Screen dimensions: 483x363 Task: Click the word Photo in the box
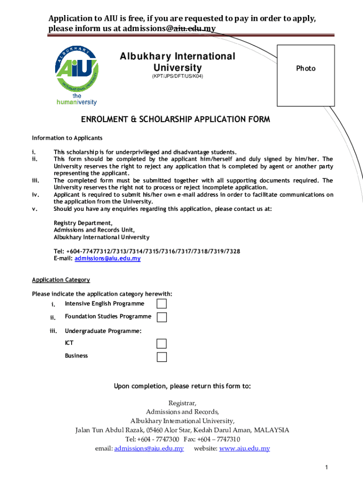pos(305,68)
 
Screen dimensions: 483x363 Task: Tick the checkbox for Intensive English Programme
pos(162,304)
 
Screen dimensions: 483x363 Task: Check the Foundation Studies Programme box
pos(162,317)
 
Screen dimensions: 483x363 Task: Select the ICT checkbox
pos(162,343)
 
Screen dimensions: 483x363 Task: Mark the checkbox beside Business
pos(162,357)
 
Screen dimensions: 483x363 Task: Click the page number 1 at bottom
pos(326,467)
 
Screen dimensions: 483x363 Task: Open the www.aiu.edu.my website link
pos(244,449)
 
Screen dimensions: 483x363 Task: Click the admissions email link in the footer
pos(148,449)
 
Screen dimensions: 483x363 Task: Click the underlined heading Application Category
pos(61,280)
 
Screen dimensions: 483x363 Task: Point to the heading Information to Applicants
pos(67,138)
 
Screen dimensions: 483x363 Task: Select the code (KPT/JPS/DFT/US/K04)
pos(177,76)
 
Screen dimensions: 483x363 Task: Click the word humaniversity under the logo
pos(76,102)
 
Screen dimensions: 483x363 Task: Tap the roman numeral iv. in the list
pos(35,195)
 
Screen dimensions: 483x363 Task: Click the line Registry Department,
pos(83,223)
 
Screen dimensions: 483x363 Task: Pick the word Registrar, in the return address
pos(182,403)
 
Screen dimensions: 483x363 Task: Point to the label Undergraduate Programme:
pos(103,331)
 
